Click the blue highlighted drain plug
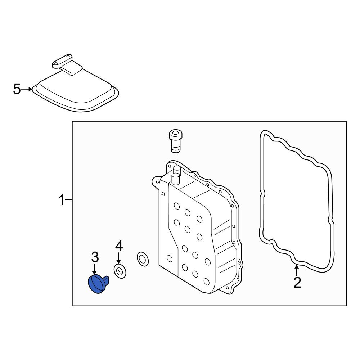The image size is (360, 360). click(97, 284)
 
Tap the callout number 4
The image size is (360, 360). click(119, 246)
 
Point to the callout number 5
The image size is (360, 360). click(17, 89)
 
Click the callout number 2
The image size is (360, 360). click(297, 283)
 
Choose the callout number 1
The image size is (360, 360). click(62, 200)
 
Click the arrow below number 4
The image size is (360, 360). click(118, 258)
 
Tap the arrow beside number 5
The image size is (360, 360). click(27, 89)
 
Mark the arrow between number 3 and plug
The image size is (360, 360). click(94, 269)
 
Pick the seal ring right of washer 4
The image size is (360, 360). click(143, 259)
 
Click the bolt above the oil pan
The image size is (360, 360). click(176, 141)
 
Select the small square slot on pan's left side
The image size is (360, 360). click(162, 194)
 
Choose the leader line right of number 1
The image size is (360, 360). click(68, 200)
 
